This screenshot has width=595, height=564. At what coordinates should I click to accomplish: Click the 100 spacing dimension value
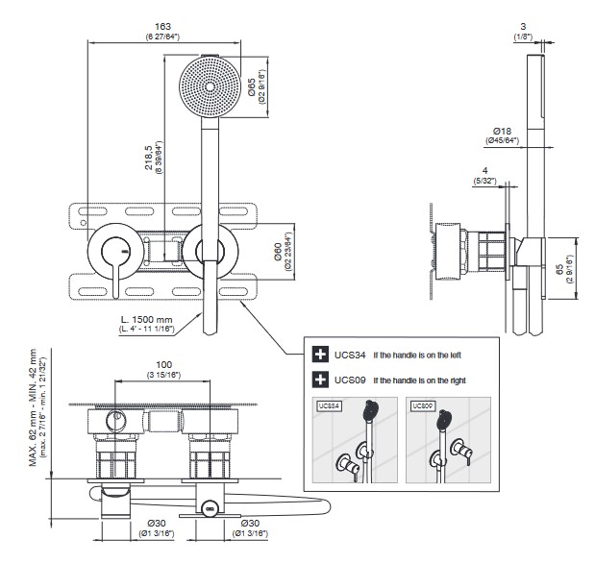pos(164,365)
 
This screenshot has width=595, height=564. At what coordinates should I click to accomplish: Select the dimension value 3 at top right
pos(523,25)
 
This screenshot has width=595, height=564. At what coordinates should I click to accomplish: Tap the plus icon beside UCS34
pos(322,356)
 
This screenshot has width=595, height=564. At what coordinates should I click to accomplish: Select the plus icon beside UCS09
pos(322,380)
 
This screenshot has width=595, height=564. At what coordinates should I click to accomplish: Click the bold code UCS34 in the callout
pos(351,356)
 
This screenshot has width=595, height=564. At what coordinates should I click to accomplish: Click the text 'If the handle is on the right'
pos(419,380)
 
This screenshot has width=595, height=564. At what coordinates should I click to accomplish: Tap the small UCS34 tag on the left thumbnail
pos(331,405)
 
